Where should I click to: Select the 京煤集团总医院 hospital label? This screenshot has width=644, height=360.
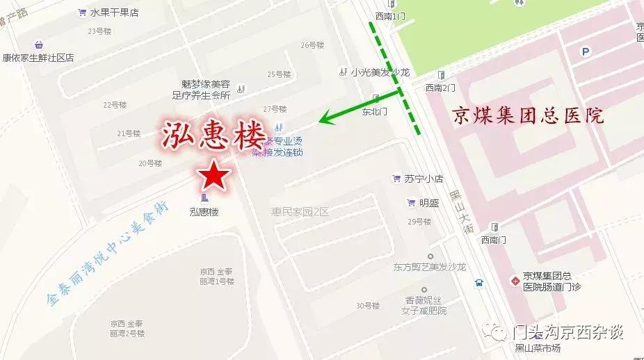528,115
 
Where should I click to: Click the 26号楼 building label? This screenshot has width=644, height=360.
312,45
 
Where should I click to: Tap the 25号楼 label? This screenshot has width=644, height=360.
279,74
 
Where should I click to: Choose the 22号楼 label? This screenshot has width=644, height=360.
115,105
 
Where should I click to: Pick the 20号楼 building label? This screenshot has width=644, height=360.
150,163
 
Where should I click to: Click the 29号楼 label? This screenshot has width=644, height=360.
420,222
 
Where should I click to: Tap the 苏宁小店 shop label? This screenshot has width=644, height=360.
424,179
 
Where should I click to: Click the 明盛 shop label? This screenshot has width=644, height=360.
429,203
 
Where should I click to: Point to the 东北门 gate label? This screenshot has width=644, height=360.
375,111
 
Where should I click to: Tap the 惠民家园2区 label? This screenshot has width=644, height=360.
300,211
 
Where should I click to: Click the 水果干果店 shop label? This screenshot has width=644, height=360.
113,12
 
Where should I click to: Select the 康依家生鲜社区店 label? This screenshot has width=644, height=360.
38,58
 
